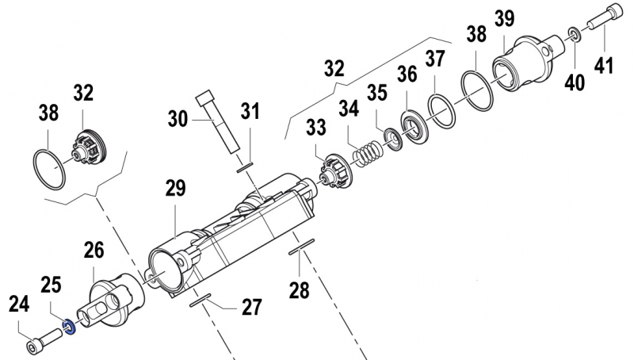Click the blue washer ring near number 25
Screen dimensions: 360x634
tap(69, 325)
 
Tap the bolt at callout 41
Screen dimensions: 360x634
tap(595, 25)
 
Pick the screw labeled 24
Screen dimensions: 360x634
tap(44, 340)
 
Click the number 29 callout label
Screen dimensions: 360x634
tap(175, 188)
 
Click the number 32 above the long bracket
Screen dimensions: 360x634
tap(334, 68)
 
